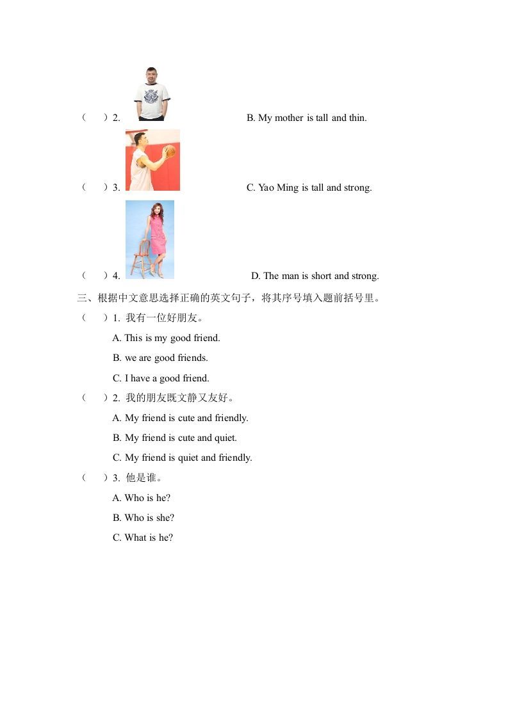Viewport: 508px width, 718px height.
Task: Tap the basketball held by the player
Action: tap(169, 152)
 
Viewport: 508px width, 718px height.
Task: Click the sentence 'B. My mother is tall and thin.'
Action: tap(306, 118)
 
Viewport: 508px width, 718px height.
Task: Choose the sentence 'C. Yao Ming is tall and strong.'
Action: tap(309, 187)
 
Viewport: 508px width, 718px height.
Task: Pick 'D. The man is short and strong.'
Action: tap(315, 276)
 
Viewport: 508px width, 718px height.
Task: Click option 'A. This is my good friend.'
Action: tap(166, 338)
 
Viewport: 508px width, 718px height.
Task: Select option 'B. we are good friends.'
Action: tap(160, 358)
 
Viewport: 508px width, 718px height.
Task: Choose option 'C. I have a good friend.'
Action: tap(161, 378)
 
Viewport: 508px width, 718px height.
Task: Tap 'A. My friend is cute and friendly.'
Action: tap(180, 418)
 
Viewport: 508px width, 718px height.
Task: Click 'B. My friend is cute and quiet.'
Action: tap(174, 438)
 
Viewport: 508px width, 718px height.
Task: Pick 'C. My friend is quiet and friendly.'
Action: tap(182, 458)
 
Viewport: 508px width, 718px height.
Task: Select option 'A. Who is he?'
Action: tap(141, 498)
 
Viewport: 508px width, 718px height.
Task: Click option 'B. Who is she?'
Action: tap(143, 518)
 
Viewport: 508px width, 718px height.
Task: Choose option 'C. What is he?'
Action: tap(142, 538)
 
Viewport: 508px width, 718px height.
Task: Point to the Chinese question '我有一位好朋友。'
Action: tap(165, 318)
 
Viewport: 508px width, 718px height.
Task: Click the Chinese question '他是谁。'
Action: tap(144, 478)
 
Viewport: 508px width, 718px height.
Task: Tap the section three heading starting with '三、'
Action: tap(229, 298)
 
